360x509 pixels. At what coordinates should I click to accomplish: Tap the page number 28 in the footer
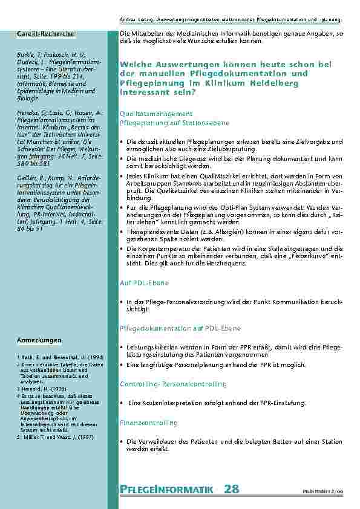232,488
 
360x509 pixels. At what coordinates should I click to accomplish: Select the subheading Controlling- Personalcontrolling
173,384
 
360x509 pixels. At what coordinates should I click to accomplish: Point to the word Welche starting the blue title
137,64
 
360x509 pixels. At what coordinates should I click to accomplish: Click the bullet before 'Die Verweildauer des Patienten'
122,442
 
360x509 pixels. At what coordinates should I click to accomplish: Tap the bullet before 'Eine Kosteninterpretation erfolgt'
122,403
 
